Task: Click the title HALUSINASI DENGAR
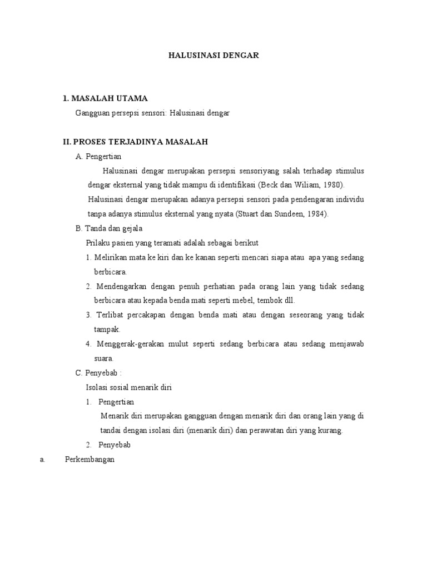click(214, 56)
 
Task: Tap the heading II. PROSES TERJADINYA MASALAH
click(135, 142)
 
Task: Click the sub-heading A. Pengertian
click(98, 156)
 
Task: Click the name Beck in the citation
click(277, 185)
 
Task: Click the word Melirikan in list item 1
click(111, 257)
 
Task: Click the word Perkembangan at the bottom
click(90, 460)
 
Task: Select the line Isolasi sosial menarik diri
click(128, 387)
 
